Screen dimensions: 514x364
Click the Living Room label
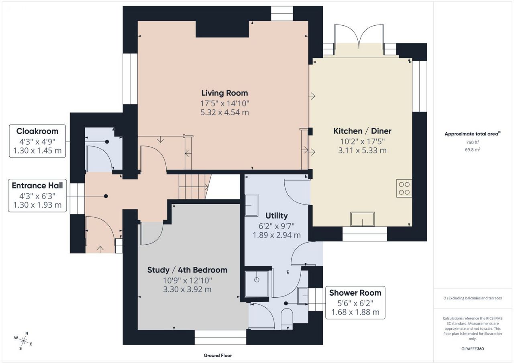pos(224,93)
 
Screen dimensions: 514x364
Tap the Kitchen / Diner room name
pos(362,131)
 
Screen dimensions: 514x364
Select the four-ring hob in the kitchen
pos(404,188)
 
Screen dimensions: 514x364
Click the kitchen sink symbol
pos(363,219)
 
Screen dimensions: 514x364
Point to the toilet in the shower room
pos(287,319)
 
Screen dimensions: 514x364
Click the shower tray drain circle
pos(257,280)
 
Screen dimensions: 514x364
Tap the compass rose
pos(23,341)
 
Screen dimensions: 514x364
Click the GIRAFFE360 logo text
pos(473,349)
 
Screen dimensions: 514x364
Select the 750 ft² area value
pos(473,142)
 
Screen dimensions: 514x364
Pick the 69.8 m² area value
pos(473,149)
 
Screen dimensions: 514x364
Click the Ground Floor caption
pos(218,356)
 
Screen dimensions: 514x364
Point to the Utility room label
pos(277,216)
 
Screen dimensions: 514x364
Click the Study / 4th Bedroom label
pos(187,270)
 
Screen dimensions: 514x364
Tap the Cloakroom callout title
pos(37,131)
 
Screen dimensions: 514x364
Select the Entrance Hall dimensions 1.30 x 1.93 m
pos(37,205)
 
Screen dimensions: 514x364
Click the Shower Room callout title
pos(355,293)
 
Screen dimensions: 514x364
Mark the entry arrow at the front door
pos(100,249)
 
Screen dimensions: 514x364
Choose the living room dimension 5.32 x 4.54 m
pos(224,112)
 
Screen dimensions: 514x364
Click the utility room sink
pos(251,205)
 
